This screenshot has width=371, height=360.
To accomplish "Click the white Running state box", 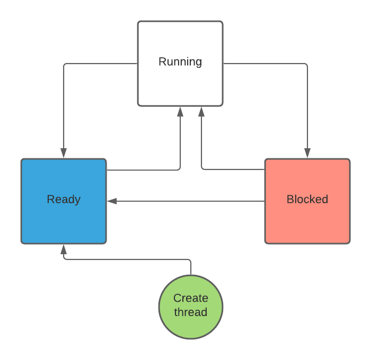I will click(x=180, y=85).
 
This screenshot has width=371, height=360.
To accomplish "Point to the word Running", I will click(x=180, y=61).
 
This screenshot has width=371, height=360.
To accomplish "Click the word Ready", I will click(x=64, y=200).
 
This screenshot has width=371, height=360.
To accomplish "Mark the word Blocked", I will click(x=307, y=200).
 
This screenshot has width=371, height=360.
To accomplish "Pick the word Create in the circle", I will click(x=191, y=298).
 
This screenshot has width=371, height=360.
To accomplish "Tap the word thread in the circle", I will click(x=191, y=312).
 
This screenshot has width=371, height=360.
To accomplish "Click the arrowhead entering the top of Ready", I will click(x=64, y=154).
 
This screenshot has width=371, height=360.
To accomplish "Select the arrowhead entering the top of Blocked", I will click(x=307, y=154).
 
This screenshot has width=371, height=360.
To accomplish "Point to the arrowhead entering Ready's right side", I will click(x=111, y=201).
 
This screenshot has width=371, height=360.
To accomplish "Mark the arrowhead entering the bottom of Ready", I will click(x=64, y=249).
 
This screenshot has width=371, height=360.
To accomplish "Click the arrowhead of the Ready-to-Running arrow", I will click(x=180, y=111).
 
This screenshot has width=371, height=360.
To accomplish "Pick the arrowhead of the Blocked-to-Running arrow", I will click(x=201, y=111).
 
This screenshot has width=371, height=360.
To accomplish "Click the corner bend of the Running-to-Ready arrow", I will click(x=64, y=64).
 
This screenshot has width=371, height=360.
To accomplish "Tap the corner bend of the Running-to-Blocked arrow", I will click(x=307, y=64).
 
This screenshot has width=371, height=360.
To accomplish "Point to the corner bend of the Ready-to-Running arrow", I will click(x=180, y=169).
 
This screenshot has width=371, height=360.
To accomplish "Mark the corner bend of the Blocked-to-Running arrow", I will click(x=202, y=169).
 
